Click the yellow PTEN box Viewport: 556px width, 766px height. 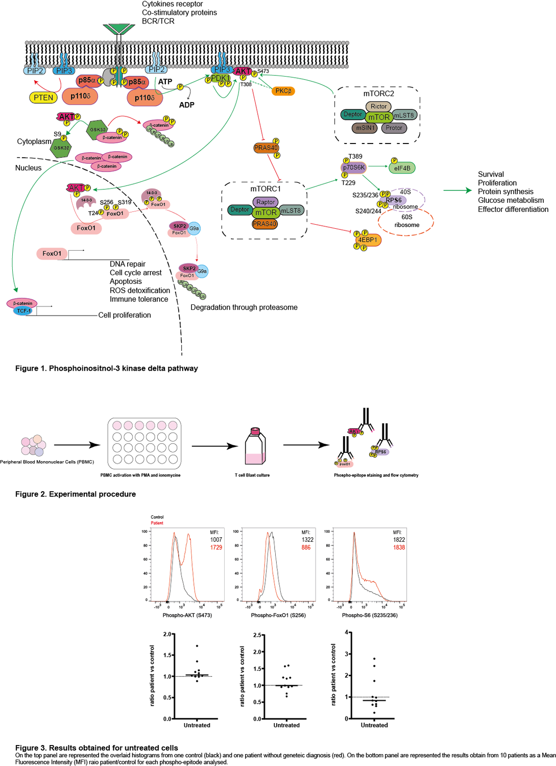point(43,98)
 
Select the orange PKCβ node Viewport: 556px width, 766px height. point(283,91)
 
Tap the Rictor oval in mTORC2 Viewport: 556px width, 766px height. point(378,106)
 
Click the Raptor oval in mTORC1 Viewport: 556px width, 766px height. point(265,202)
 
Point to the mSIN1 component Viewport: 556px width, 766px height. point(365,128)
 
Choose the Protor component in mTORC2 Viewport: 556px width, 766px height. point(394,128)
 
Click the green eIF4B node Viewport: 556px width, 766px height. point(402,167)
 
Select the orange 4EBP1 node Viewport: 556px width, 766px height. point(368,240)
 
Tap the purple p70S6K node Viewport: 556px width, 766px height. point(353,167)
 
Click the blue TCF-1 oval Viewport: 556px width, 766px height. point(23,310)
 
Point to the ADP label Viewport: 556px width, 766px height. point(186,105)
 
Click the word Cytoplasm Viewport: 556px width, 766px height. point(34,141)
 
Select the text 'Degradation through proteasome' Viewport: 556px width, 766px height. point(244,307)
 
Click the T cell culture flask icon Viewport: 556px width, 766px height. point(255,446)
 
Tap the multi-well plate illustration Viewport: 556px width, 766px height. point(144,443)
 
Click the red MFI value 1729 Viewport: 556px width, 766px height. point(216,547)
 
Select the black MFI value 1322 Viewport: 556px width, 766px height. point(307,540)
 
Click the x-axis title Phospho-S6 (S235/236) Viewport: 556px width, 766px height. point(370,615)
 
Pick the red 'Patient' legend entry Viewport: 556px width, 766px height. point(157,523)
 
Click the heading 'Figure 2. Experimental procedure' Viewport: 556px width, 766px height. point(76,494)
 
